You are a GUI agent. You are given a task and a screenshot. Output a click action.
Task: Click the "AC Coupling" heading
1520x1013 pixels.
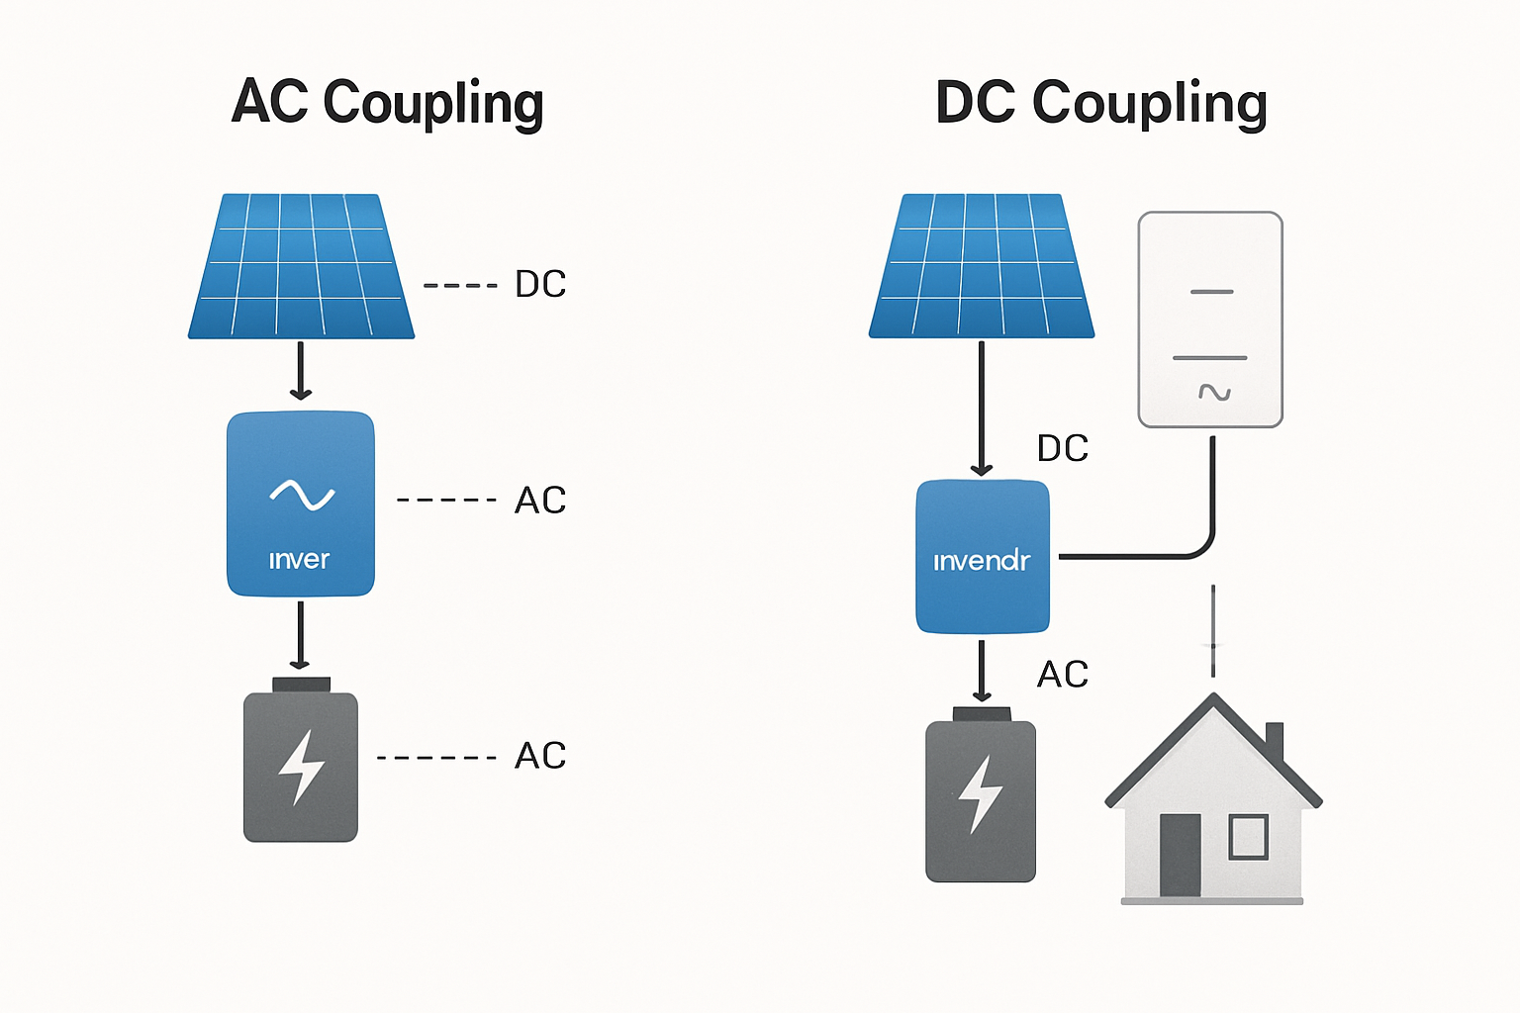click(387, 103)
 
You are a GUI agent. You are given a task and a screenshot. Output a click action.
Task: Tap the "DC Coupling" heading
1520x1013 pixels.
click(1100, 103)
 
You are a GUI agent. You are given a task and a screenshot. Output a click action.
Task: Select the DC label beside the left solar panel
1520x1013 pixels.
click(540, 285)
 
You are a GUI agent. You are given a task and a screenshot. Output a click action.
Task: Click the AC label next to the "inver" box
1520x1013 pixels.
click(540, 501)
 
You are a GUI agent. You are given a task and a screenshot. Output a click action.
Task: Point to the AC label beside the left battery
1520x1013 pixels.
click(540, 756)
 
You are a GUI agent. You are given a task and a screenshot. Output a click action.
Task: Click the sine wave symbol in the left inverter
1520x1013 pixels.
click(302, 495)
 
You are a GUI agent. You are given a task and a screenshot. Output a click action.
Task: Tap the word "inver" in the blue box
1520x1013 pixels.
click(299, 560)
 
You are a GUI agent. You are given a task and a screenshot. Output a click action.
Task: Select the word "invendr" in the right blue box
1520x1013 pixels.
click(982, 562)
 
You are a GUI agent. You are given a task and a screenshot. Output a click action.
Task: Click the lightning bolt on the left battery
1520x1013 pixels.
click(301, 768)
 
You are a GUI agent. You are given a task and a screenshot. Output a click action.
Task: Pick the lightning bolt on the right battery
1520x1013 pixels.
click(981, 794)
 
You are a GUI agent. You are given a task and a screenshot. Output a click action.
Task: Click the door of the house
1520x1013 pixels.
click(1180, 856)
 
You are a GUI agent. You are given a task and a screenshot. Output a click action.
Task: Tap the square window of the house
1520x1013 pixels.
click(1248, 837)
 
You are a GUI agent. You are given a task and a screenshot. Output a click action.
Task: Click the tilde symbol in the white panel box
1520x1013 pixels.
click(1214, 393)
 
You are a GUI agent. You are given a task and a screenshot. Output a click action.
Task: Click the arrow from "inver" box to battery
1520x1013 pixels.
click(301, 635)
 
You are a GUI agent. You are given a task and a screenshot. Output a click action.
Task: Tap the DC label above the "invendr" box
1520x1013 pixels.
click(1063, 449)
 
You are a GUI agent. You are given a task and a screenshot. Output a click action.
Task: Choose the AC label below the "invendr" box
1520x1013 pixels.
click(1063, 675)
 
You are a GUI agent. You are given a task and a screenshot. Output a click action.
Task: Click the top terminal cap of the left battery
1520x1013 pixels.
click(301, 685)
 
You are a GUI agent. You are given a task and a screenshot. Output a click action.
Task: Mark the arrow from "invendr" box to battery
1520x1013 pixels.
click(982, 671)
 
